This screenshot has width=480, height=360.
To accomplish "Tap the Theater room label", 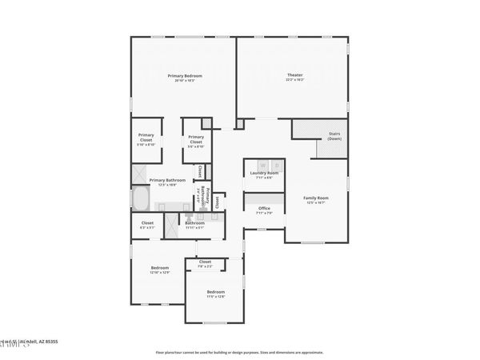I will tap(295, 75).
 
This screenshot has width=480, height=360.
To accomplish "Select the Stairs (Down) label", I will tap(334, 136).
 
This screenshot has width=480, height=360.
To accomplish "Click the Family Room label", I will tap(315, 198).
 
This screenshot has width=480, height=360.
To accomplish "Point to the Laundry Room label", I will tap(264, 173).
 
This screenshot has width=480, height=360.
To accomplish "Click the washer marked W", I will tap(262, 165).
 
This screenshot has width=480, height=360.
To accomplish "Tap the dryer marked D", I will tap(274, 165).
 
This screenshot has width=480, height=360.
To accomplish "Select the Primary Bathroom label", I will tap(167, 180).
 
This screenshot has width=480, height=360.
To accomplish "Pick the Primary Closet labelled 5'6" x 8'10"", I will tap(196, 142).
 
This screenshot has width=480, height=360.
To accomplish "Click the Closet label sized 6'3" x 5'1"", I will tap(147, 222).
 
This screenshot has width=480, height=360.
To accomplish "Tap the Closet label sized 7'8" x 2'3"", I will tap(205, 262).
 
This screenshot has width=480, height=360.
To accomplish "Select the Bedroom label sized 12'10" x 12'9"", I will tap(160, 267).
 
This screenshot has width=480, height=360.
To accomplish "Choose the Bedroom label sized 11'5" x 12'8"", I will tap(216, 292).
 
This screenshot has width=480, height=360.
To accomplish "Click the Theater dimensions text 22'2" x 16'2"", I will tap(295, 80).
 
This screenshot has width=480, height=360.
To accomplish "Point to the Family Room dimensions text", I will tap(315, 202).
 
